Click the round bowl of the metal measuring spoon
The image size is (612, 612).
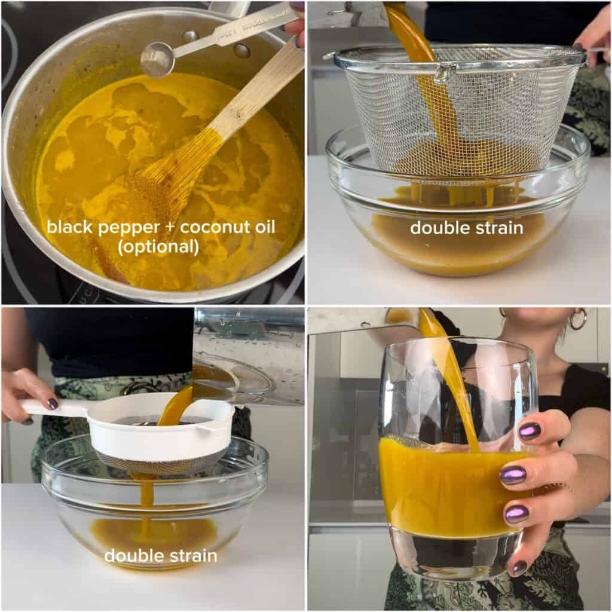158,59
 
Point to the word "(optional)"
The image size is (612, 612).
158,247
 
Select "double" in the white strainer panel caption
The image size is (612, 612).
130,555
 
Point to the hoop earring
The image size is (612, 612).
578,319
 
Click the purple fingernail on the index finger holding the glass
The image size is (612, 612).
530,431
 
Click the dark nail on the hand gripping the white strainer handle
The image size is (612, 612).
52,403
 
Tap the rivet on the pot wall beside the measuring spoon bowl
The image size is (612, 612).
241,50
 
